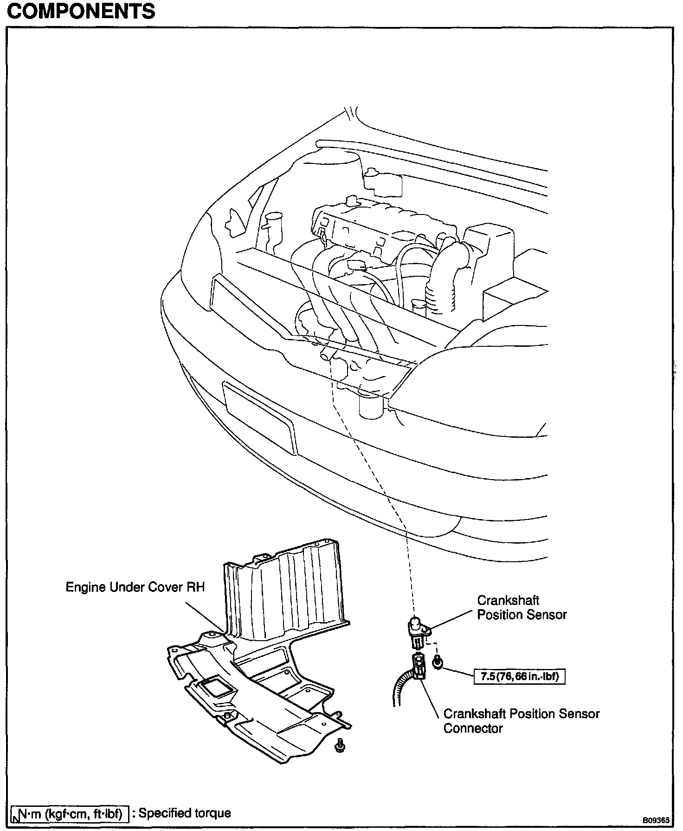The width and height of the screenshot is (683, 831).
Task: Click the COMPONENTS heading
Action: coord(81,11)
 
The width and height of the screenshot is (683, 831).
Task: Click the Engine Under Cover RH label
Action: coord(135,587)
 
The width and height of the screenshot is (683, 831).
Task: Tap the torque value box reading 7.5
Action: coord(519,676)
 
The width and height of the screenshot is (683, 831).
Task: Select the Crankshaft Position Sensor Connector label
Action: coord(521,721)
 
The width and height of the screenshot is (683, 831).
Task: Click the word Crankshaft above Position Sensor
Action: coord(508,600)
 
